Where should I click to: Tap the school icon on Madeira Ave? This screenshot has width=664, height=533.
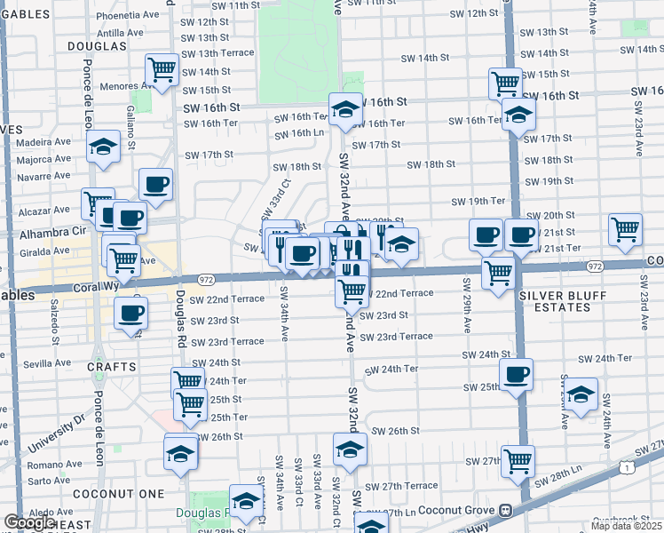(103, 147)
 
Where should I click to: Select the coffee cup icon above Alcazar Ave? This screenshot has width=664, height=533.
(155, 185)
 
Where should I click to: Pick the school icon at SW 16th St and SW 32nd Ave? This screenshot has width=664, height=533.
(345, 109)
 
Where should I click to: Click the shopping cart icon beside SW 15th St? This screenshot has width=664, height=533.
(504, 84)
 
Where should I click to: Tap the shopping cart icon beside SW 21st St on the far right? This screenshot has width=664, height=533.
(625, 228)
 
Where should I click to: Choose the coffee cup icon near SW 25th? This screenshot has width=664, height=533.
(516, 374)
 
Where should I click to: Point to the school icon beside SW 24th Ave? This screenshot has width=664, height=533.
(581, 394)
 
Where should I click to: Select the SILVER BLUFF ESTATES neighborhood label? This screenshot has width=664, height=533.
(556, 300)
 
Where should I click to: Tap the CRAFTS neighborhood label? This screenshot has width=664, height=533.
(112, 366)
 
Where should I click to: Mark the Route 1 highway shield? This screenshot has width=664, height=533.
(626, 466)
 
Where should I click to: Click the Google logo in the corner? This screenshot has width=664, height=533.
(28, 522)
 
